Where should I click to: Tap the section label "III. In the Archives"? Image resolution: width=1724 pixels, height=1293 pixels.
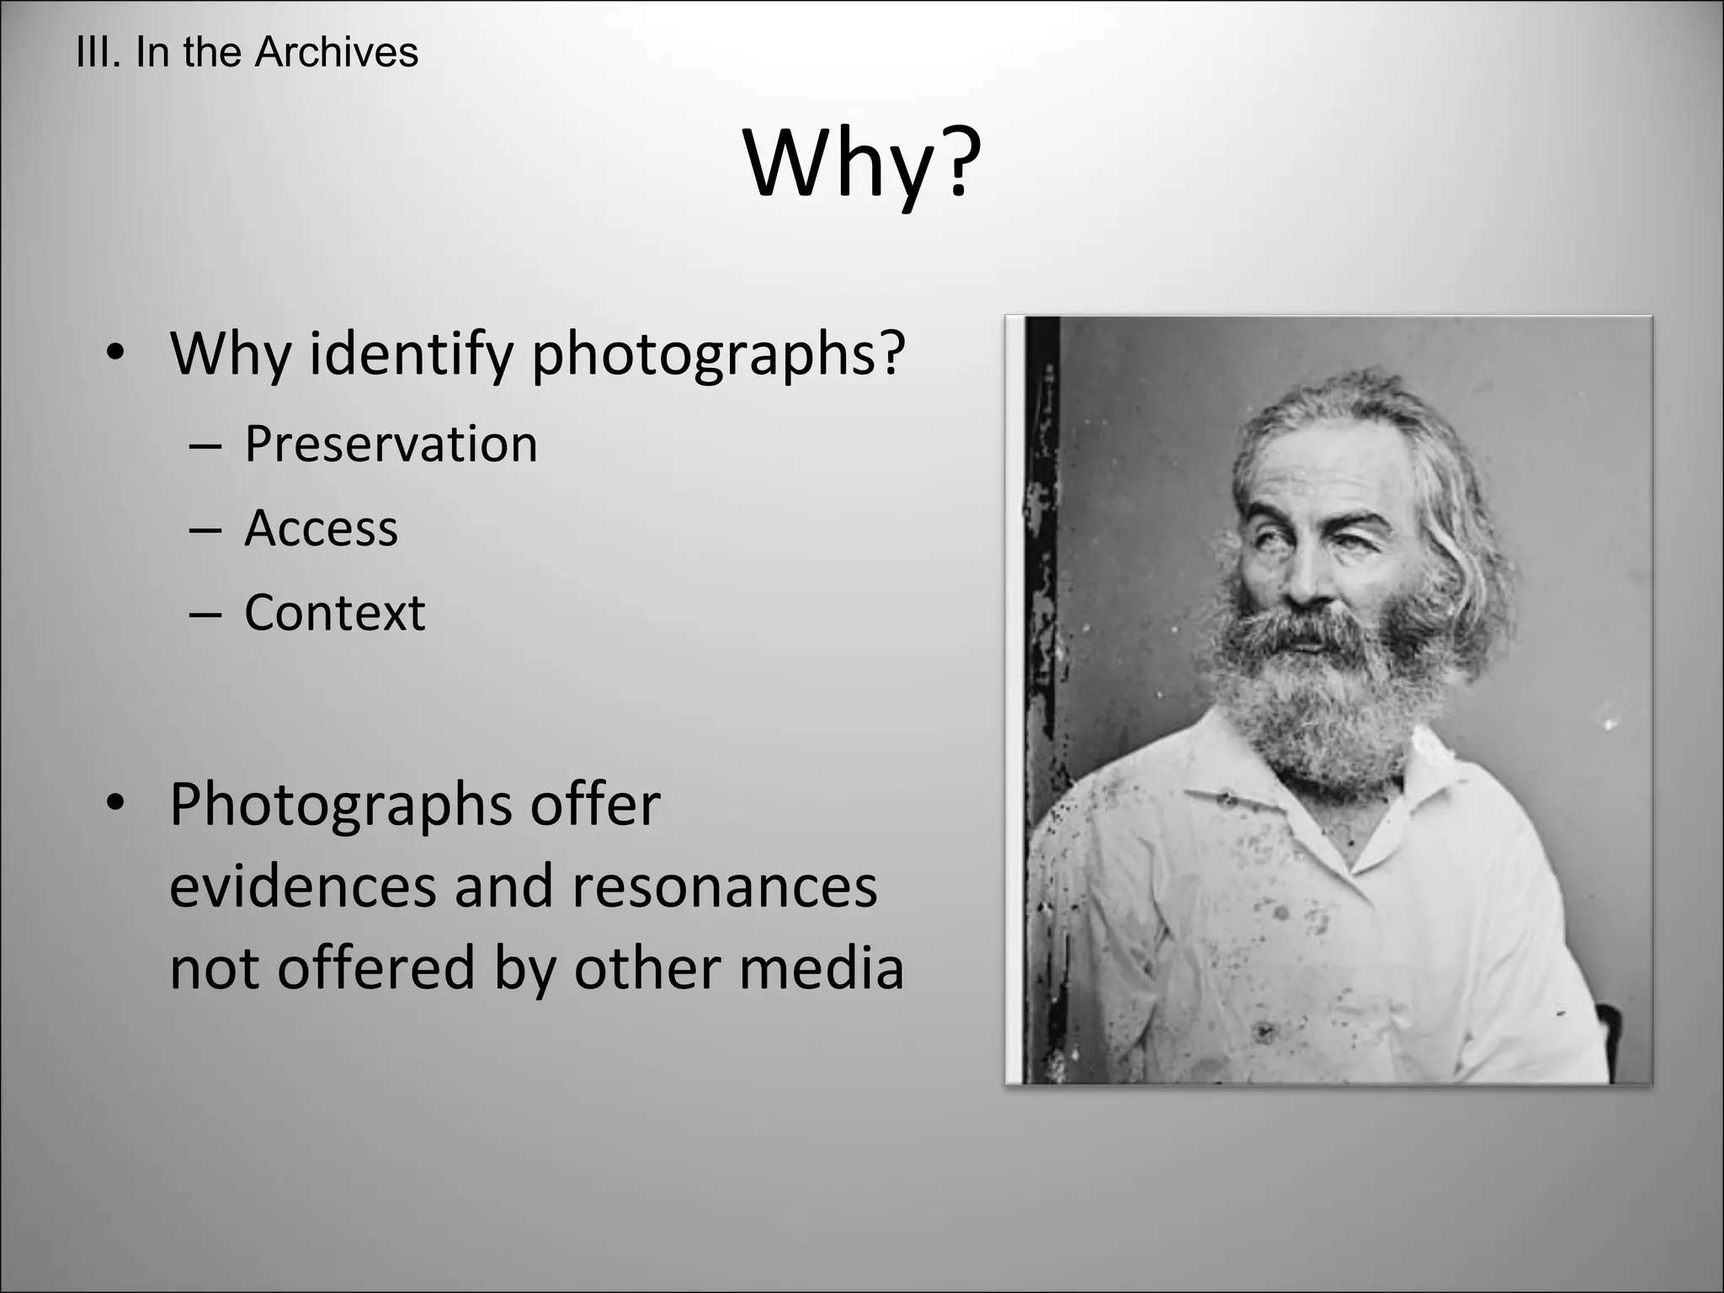click(x=247, y=52)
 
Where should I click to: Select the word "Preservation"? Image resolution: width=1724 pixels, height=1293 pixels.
click(x=391, y=444)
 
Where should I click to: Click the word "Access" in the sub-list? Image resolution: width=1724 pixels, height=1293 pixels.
click(x=321, y=529)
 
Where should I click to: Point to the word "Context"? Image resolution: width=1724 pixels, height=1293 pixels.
click(x=334, y=612)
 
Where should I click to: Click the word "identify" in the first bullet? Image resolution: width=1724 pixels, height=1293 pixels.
click(x=411, y=354)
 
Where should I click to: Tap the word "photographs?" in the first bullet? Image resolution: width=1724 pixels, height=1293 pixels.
click(x=718, y=354)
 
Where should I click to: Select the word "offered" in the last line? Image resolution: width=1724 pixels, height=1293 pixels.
click(x=376, y=967)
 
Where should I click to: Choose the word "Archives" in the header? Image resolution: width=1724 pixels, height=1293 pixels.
click(x=336, y=52)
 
